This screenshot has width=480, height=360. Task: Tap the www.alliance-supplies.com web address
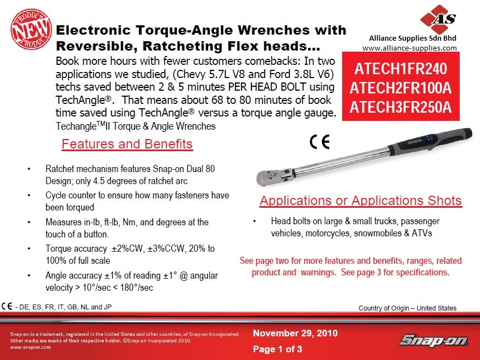click(410, 48)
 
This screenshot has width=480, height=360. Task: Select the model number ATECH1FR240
click(401, 69)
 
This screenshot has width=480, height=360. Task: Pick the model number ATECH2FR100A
click(401, 87)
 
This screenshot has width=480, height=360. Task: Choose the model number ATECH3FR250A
click(401, 107)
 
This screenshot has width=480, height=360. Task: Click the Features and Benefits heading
click(127, 144)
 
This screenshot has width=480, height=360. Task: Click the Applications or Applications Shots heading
click(360, 201)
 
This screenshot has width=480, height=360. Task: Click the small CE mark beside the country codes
click(7, 306)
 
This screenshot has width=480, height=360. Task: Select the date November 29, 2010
click(295, 333)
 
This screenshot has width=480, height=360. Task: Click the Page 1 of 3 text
click(277, 349)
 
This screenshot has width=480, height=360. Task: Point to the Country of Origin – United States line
click(407, 308)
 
